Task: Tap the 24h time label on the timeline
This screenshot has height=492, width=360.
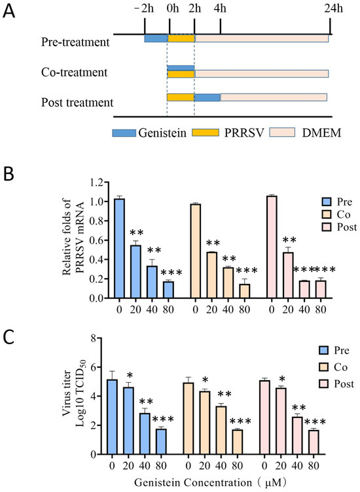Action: pyautogui.click(x=333, y=8)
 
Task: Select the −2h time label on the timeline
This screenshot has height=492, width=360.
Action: pyautogui.click(x=144, y=8)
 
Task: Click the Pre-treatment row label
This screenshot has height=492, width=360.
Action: pyautogui.click(x=75, y=42)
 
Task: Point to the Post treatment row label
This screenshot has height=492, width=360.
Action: pyautogui.click(x=77, y=103)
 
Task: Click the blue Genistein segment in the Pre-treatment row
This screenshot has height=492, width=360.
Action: pyautogui.click(x=156, y=39)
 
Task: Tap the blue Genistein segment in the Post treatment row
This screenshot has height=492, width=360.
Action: pyautogui.click(x=207, y=97)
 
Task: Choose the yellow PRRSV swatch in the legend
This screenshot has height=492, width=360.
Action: pyautogui.click(x=206, y=132)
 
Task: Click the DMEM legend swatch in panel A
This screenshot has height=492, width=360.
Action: pyautogui.click(x=282, y=132)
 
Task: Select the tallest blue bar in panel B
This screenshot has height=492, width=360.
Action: pyautogui.click(x=119, y=248)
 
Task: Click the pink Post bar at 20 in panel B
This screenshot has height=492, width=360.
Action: pyautogui.click(x=288, y=275)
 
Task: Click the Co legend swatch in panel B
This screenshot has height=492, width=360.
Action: pyautogui.click(x=327, y=215)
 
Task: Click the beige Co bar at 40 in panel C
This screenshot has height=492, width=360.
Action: pyautogui.click(x=221, y=430)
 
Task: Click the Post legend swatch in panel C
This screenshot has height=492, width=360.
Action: pyautogui.click(x=323, y=384)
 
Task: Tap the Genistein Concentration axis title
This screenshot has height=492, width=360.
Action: pyautogui.click(x=210, y=482)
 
